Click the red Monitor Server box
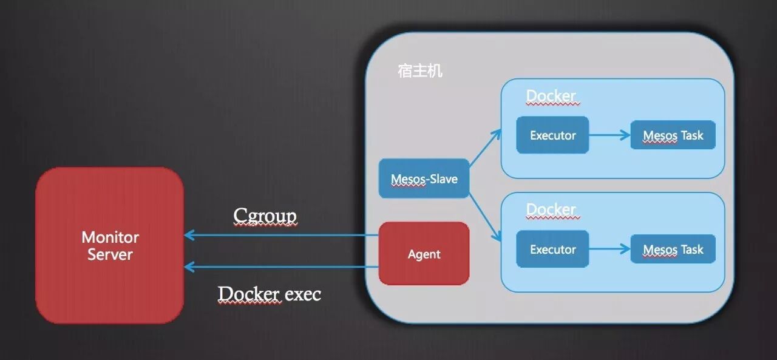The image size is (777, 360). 110,245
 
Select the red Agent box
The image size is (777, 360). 424,254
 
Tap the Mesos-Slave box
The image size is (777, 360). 424,179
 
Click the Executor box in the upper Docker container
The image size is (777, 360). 552,135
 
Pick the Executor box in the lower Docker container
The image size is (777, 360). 552,249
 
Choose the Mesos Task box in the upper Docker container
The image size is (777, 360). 673,135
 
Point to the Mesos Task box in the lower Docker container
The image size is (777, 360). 673,249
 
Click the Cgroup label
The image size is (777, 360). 265,216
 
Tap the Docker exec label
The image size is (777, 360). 270,294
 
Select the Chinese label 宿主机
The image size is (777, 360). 420,71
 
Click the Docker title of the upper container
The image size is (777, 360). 551,96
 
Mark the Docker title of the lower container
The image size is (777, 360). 551,210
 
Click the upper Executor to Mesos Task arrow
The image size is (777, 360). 609,135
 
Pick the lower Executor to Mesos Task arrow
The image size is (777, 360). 609,249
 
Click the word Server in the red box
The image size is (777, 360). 110,254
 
